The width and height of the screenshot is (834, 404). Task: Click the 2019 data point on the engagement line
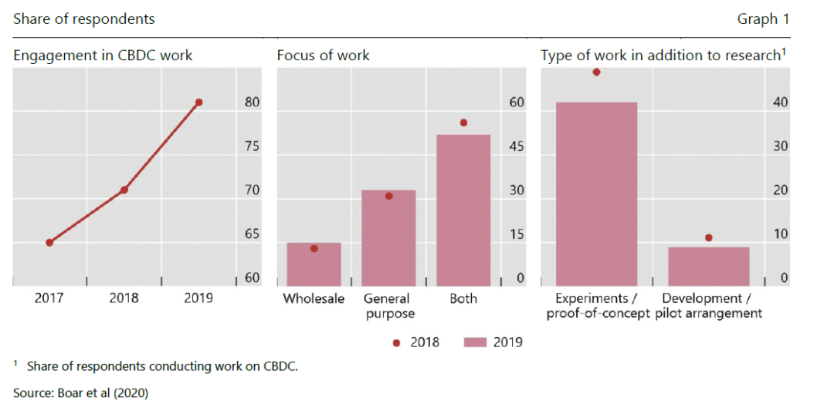pyautogui.click(x=198, y=103)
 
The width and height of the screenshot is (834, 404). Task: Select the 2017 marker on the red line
pyautogui.click(x=49, y=242)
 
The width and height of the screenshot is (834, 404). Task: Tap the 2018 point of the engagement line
pyautogui.click(x=124, y=190)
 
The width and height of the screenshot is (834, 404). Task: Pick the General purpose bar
pyautogui.click(x=388, y=235)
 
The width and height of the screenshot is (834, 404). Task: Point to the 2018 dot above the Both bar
pyautogui.click(x=463, y=123)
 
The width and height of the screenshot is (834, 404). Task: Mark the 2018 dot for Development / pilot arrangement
pyautogui.click(x=708, y=237)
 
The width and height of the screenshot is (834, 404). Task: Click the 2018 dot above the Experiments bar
pyautogui.click(x=596, y=72)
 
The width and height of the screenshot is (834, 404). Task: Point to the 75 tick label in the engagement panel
pyautogui.click(x=252, y=146)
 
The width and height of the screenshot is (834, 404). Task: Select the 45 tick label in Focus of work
pyautogui.click(x=516, y=146)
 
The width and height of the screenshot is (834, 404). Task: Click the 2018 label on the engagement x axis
pyautogui.click(x=124, y=298)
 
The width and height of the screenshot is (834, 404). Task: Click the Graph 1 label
pyautogui.click(x=763, y=19)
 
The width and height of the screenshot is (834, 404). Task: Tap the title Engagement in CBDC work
pyautogui.click(x=103, y=56)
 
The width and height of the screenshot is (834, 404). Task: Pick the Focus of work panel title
pyautogui.click(x=323, y=56)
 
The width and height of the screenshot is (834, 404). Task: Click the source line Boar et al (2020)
pyautogui.click(x=80, y=392)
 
